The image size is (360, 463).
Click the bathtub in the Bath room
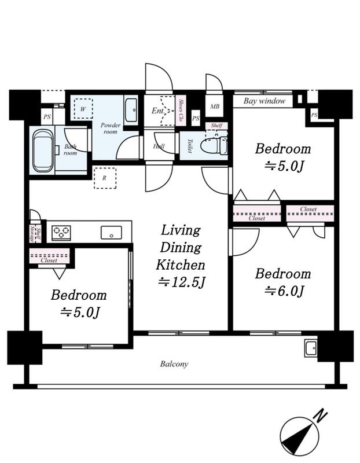43,151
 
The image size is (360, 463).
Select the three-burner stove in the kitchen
61,233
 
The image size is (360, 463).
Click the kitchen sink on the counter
111,233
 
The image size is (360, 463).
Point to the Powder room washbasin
131,110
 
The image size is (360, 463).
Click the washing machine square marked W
83,109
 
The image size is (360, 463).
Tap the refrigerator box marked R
105,178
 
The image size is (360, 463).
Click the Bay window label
265,101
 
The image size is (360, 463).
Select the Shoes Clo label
181,110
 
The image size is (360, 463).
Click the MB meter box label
215,106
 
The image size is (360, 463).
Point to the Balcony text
174,364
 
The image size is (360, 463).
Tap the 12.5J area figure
181,282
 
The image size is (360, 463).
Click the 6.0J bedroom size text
284,291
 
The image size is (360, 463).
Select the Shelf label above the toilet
216,126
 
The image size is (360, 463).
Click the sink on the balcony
311,348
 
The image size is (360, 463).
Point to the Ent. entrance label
158,111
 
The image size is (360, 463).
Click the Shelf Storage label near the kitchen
35,234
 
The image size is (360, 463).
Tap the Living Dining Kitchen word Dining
181,248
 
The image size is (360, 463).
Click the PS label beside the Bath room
47,117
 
